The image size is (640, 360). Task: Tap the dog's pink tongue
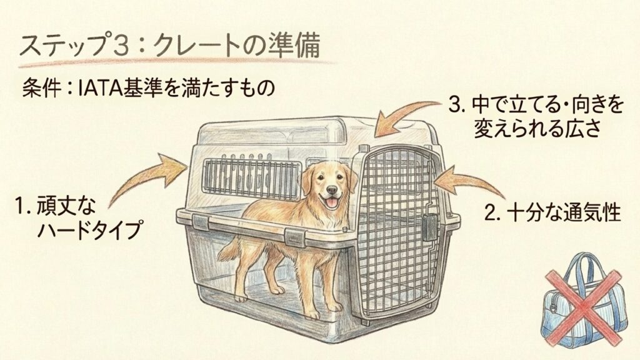332,202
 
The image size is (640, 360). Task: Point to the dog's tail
231,249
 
